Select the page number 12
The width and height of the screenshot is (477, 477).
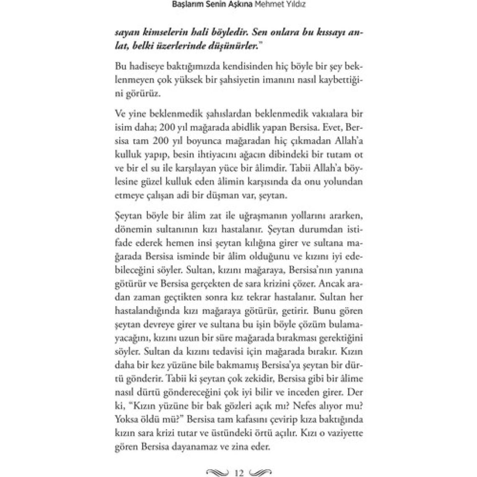tap(239, 472)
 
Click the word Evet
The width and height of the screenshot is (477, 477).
tap(331, 127)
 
